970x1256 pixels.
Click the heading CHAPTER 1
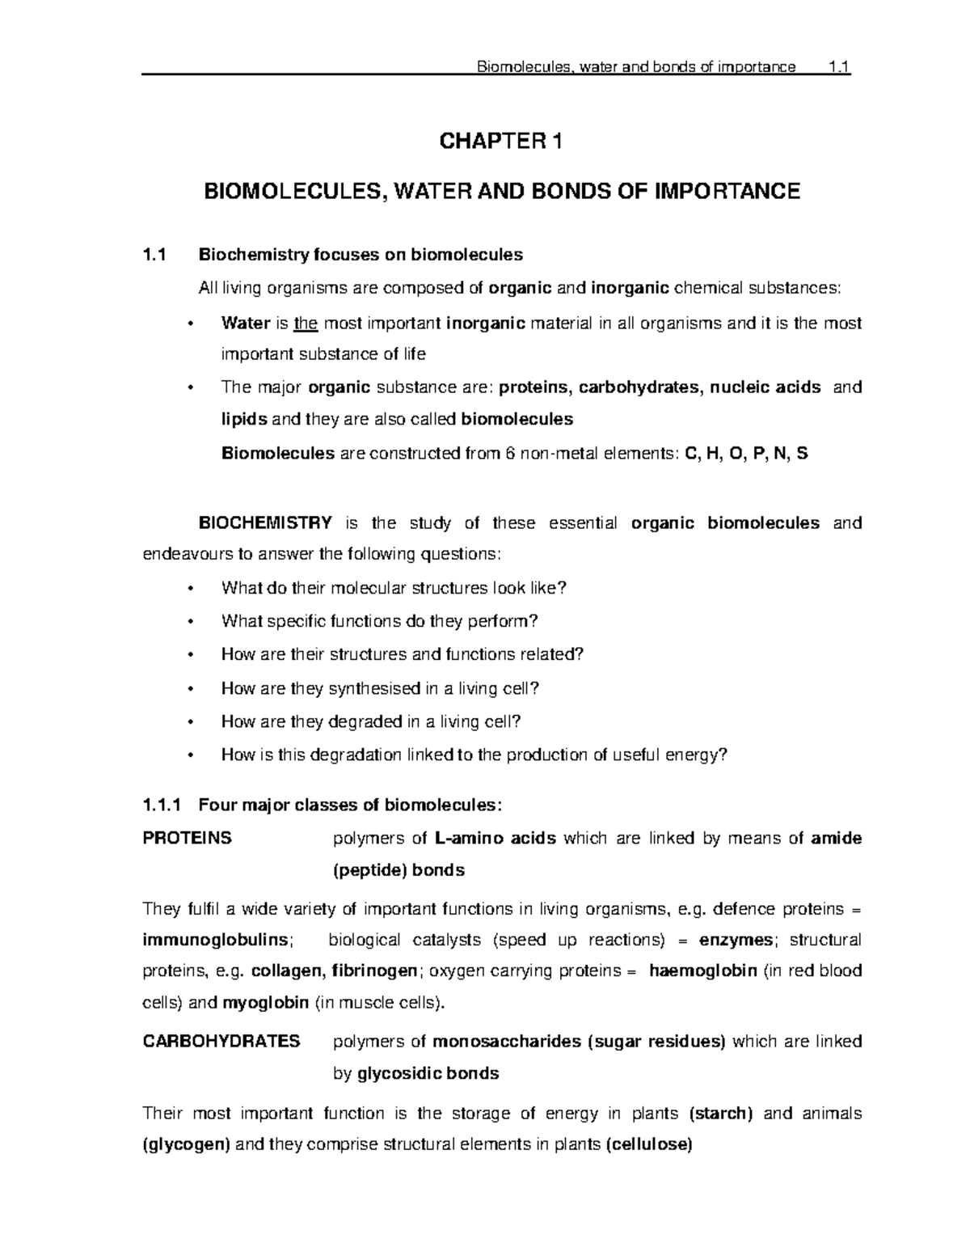click(499, 142)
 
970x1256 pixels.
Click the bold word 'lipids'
click(243, 419)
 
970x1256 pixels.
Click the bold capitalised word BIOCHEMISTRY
click(265, 522)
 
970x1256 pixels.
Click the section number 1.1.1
click(163, 805)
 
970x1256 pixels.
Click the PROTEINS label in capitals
click(187, 838)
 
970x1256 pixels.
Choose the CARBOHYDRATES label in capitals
click(221, 1041)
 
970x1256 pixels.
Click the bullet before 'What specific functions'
click(191, 622)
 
